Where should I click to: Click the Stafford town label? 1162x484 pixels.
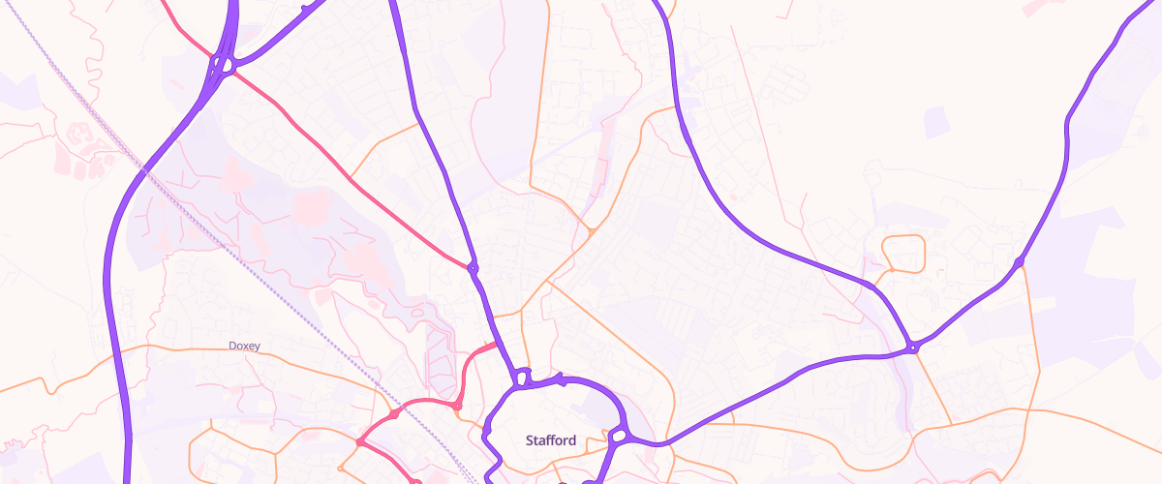point(551,440)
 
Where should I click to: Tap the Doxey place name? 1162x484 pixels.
point(244,346)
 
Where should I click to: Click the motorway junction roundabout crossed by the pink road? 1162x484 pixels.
point(224,67)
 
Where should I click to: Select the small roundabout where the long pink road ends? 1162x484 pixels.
point(473,267)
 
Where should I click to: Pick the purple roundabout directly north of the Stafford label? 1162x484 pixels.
point(523,378)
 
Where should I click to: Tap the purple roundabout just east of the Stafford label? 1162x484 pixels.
point(618,437)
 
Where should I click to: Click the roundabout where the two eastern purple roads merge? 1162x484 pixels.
point(912,347)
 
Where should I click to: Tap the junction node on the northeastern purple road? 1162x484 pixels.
point(1019,261)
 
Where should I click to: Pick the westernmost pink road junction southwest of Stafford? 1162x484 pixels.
point(359,442)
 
